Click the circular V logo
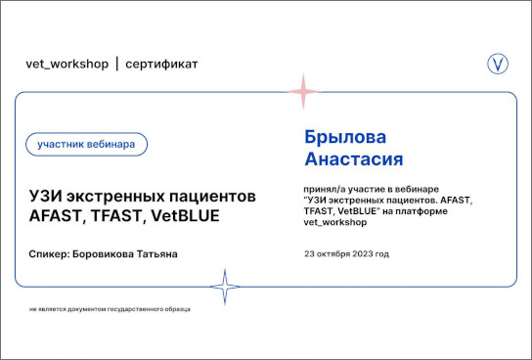point(498,64)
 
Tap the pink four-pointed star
point(303,92)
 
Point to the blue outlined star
point(225,287)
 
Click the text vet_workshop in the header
point(67,64)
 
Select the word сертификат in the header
point(161,65)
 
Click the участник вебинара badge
point(86,144)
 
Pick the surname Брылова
point(345,137)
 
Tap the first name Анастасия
point(354,158)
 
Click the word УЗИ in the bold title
point(45,197)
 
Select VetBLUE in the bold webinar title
point(185,216)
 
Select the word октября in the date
point(333,254)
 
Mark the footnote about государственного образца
point(110,309)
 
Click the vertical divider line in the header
point(117,64)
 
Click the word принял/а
point(324,189)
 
